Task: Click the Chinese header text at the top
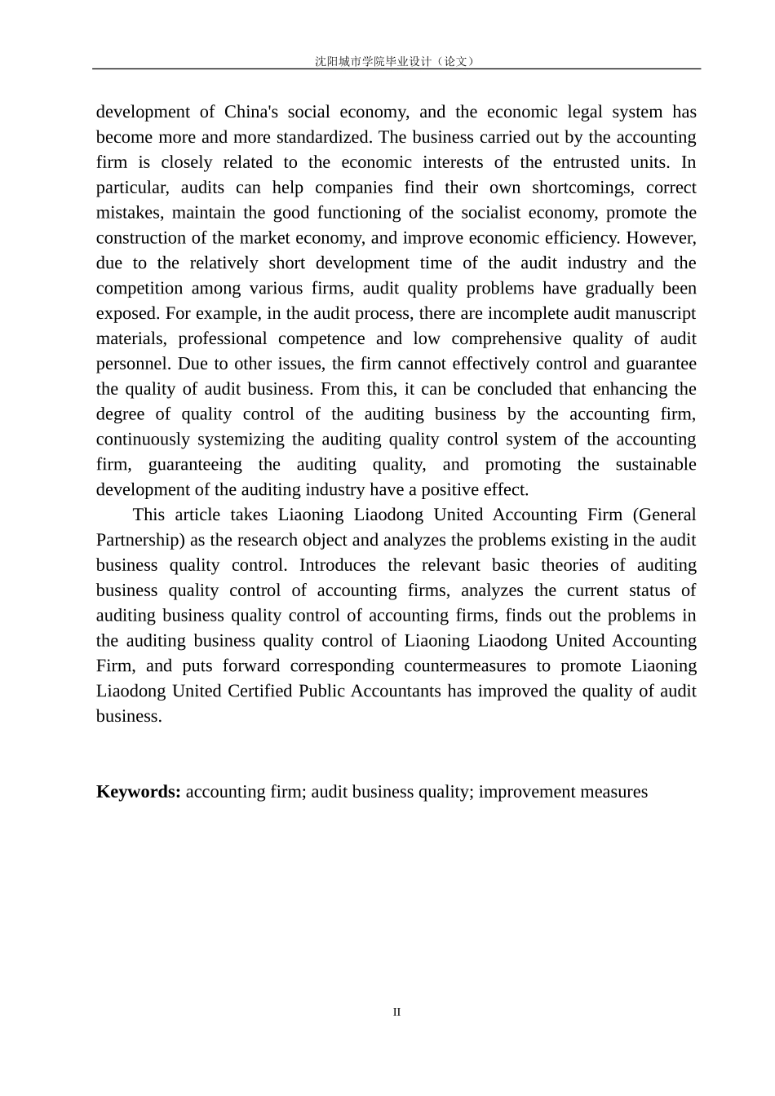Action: pyautogui.click(x=395, y=61)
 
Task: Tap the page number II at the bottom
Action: pyautogui.click(x=396, y=1012)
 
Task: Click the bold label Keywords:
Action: pyautogui.click(x=139, y=792)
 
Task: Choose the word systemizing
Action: pyautogui.click(x=244, y=440)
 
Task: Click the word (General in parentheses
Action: pyautogui.click(x=664, y=515)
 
